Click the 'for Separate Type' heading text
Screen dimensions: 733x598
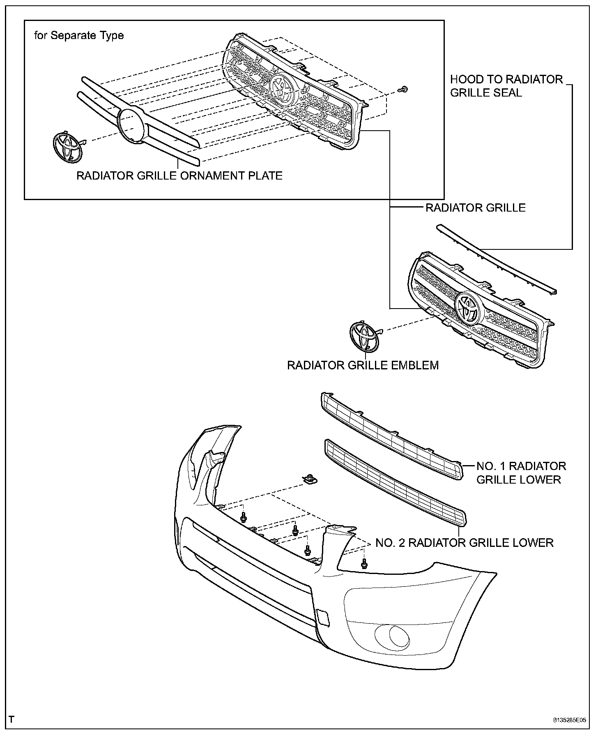pos(79,36)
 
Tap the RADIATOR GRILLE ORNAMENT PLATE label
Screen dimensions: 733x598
pos(179,176)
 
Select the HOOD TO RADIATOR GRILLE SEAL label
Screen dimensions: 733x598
pos(506,86)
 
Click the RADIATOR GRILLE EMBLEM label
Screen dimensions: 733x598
pos(363,365)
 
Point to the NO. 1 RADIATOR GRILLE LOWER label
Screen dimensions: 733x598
pos(521,473)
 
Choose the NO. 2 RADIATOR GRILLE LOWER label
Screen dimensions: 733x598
pos(465,543)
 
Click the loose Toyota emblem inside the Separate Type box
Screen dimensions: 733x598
pos(67,146)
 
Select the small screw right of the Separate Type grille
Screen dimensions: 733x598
pos(404,89)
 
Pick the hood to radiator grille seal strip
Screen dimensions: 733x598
pos(497,260)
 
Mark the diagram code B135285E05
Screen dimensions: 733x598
pos(569,720)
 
